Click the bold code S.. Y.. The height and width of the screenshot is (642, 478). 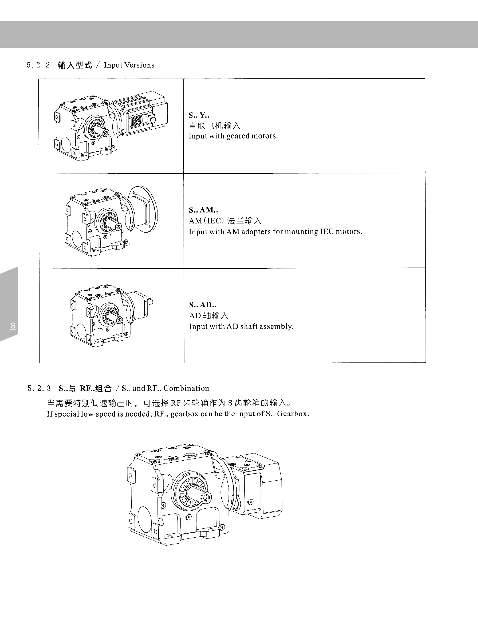tap(199, 115)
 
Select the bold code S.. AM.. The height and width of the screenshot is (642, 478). tap(203, 210)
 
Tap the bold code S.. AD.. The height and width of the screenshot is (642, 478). tap(202, 305)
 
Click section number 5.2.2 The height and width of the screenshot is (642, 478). tap(38, 65)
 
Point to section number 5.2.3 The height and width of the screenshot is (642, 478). tap(39, 388)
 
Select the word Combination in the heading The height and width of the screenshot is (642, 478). tap(186, 388)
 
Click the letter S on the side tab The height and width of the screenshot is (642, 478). tap(13, 326)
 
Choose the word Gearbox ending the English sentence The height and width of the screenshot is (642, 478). tap(293, 414)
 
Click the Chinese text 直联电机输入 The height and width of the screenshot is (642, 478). tap(215, 126)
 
